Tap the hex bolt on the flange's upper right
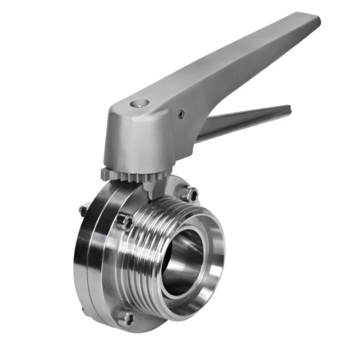[190, 194]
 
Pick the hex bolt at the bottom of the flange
[126, 318]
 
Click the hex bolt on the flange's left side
[124, 222]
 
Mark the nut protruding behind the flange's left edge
[84, 209]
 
